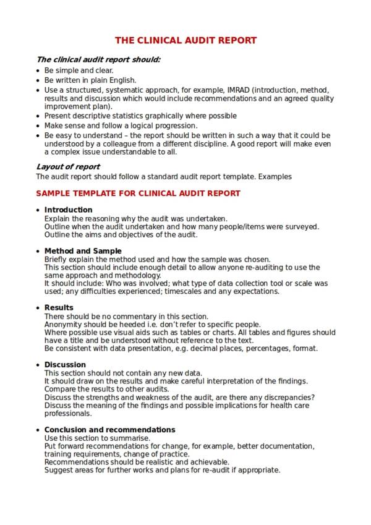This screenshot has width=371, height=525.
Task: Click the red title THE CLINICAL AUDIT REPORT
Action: (x=185, y=41)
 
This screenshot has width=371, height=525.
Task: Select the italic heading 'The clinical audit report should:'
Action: (x=98, y=60)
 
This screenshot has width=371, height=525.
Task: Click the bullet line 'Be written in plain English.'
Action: (x=90, y=80)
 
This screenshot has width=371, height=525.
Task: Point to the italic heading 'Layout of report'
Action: (x=68, y=167)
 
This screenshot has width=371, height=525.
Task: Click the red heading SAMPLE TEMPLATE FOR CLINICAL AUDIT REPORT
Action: (x=139, y=194)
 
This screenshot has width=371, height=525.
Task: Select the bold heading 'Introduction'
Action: (x=69, y=210)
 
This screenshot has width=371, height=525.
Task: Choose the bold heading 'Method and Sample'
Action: (x=83, y=251)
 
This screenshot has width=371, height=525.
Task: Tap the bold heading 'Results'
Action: (x=59, y=307)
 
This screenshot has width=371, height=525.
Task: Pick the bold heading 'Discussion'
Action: (x=65, y=365)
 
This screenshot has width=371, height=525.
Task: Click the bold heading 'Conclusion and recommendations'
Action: (x=109, y=430)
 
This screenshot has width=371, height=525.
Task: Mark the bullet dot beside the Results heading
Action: (x=38, y=308)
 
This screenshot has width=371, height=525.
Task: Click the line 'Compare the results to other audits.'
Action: (x=106, y=390)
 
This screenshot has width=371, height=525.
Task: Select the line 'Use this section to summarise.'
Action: (x=97, y=438)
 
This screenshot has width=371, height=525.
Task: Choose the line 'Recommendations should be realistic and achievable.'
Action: (x=137, y=462)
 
